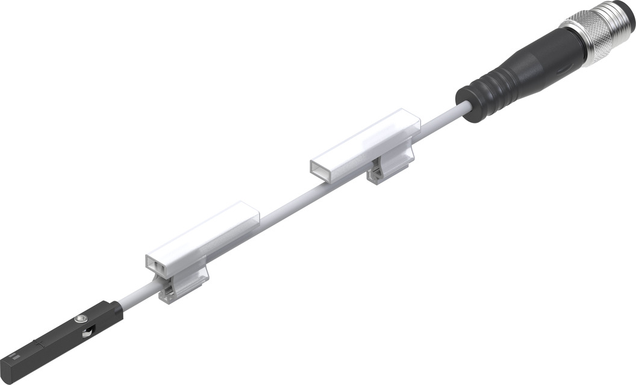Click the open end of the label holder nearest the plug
point(322,169)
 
